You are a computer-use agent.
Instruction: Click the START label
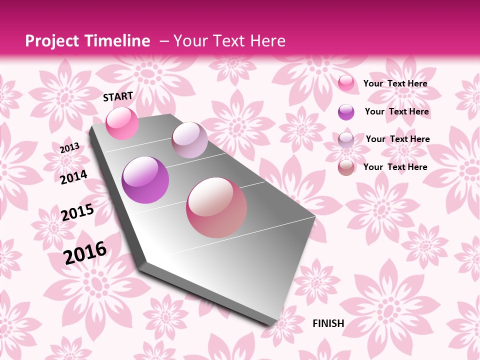118,96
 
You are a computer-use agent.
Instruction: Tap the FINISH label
328,323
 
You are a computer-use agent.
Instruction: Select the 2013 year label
70,148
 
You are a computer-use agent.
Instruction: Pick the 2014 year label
74,177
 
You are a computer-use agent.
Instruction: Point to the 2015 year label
77,212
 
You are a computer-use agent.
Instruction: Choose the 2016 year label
85,252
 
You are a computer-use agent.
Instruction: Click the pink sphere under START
122,123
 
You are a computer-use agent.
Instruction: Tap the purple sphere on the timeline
145,180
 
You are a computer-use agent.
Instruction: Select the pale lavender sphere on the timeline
189,140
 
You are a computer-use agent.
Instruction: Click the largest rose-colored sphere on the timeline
216,207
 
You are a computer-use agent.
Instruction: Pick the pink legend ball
346,83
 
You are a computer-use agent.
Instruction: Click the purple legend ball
346,112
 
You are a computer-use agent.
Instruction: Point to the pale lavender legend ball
346,140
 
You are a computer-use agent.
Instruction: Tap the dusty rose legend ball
346,167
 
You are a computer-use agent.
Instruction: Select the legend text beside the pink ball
395,83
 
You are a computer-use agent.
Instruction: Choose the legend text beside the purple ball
396,111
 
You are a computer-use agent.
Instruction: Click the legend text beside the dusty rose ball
395,167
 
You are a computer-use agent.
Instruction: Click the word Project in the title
53,41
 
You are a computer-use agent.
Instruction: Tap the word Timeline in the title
120,41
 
